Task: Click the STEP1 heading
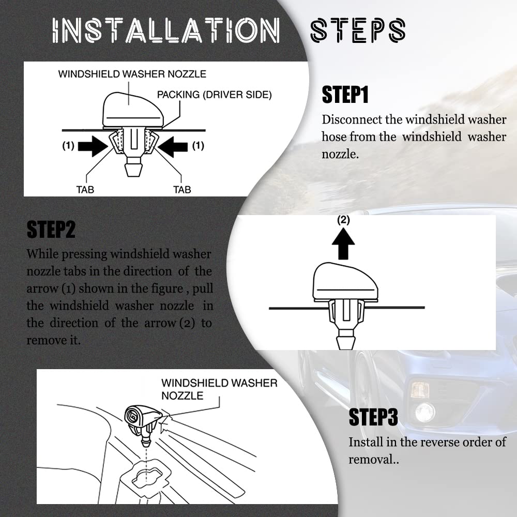345,95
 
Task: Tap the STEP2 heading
51,230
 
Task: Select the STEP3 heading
373,417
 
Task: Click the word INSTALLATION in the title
166,31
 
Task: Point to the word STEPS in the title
358,31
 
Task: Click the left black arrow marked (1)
93,146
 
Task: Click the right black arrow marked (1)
173,146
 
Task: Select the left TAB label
85,190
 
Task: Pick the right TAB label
183,190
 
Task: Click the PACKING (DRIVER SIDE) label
215,95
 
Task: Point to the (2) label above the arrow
343,220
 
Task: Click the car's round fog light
425,412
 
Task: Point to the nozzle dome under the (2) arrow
345,281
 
